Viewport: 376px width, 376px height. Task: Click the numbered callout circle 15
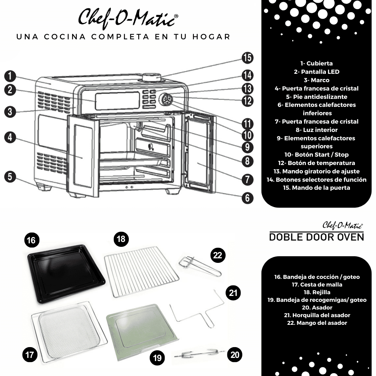click(248, 57)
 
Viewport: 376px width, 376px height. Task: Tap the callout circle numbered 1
click(10, 76)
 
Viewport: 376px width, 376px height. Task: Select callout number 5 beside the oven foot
click(10, 177)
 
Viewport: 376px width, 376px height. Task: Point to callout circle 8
click(248, 161)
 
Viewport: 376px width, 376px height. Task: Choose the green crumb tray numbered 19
click(142, 332)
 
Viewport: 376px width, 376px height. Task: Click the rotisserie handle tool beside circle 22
click(199, 266)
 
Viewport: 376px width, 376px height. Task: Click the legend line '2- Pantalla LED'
click(316, 72)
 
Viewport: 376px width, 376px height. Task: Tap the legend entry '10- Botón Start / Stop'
click(316, 155)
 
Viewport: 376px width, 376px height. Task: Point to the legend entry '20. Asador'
click(317, 307)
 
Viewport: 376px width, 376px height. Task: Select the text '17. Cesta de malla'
click(317, 284)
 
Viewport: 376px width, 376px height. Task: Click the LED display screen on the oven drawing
click(118, 101)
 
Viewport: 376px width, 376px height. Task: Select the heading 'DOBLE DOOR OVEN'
click(316, 237)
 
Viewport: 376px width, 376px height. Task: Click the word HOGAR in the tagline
click(211, 37)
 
